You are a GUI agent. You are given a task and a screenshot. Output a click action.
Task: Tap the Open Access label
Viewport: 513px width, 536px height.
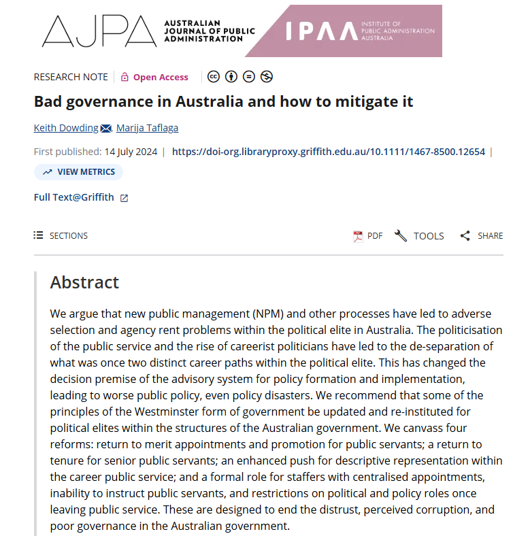[161, 77]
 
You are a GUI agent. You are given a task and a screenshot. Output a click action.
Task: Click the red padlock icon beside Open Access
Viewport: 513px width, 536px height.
[125, 77]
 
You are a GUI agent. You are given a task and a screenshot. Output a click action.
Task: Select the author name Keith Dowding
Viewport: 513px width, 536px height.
[66, 128]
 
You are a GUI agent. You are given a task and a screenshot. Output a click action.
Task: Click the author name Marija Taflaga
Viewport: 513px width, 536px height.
[147, 128]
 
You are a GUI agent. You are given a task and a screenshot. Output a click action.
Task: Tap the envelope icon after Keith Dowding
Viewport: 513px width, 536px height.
[106, 129]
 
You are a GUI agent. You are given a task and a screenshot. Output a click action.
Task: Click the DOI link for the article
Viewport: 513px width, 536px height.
[328, 152]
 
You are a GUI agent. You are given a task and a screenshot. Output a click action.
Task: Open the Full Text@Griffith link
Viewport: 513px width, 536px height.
[74, 197]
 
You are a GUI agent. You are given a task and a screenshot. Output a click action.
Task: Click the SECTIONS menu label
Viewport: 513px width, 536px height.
[68, 235]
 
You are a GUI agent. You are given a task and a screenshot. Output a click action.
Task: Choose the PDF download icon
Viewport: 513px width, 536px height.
[358, 236]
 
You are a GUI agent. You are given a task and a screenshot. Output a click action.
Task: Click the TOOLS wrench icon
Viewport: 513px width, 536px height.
[401, 236]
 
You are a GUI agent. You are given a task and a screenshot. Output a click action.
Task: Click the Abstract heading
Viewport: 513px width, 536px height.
[84, 282]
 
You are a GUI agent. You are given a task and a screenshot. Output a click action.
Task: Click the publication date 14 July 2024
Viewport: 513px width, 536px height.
[129, 152]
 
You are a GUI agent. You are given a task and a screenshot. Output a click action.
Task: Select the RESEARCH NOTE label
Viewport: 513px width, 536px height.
[71, 77]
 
